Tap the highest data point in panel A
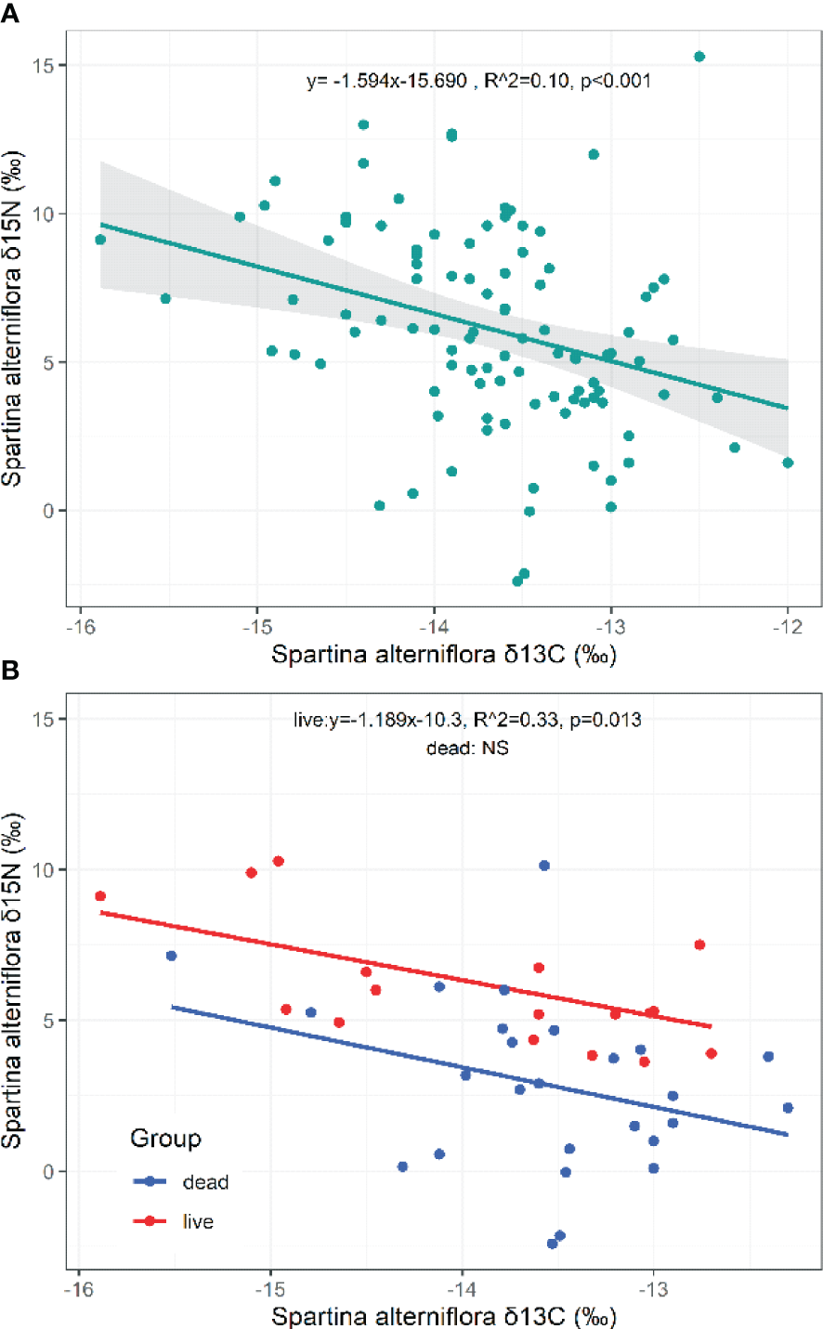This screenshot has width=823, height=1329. coord(699,57)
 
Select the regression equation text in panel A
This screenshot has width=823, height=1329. coord(478,81)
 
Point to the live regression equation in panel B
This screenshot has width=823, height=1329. coord(467,720)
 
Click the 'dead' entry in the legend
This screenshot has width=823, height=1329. coord(205,1182)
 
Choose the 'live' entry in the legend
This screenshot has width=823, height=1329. coord(198,1222)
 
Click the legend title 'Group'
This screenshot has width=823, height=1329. coord(165,1139)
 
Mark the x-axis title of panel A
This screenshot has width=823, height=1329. coord(444,655)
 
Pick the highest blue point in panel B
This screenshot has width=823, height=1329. coord(544,866)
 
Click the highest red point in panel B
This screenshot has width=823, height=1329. coord(278,862)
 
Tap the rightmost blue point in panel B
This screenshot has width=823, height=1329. coord(788,1108)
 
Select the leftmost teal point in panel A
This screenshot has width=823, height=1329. coord(100,240)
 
